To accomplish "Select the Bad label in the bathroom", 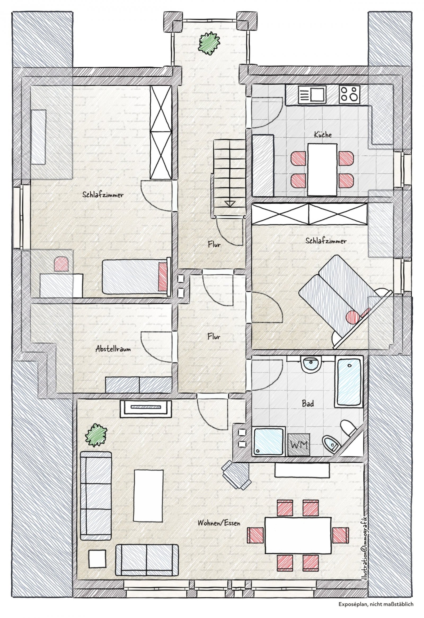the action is tap(308, 404).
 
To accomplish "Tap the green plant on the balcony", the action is tap(210, 43).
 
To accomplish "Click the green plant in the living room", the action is tap(96, 435).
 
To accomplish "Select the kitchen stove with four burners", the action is tap(350, 94).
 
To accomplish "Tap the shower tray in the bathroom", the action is tap(268, 442).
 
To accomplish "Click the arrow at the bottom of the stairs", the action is tap(230, 204).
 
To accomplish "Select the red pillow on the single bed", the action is tap(162, 277).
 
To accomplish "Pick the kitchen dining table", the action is tap(323, 170).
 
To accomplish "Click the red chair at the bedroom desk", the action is tap(62, 264).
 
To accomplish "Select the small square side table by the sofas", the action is tap(97, 564).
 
